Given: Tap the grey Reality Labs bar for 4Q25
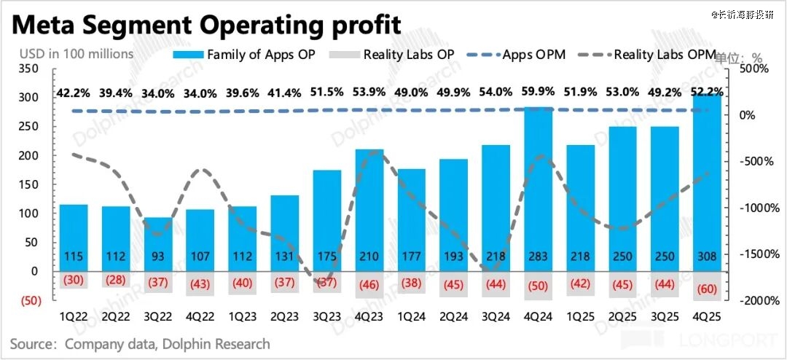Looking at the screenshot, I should tap(707, 285).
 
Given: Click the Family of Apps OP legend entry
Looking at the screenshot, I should tap(243, 54).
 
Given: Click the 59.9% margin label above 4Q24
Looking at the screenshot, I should tap(538, 92).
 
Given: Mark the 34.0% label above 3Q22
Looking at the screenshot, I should tap(157, 92).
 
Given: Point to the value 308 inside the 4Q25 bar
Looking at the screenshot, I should tap(707, 258).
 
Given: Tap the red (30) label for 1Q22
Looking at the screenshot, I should tap(73, 279).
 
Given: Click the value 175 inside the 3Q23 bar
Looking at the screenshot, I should tap(326, 258).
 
